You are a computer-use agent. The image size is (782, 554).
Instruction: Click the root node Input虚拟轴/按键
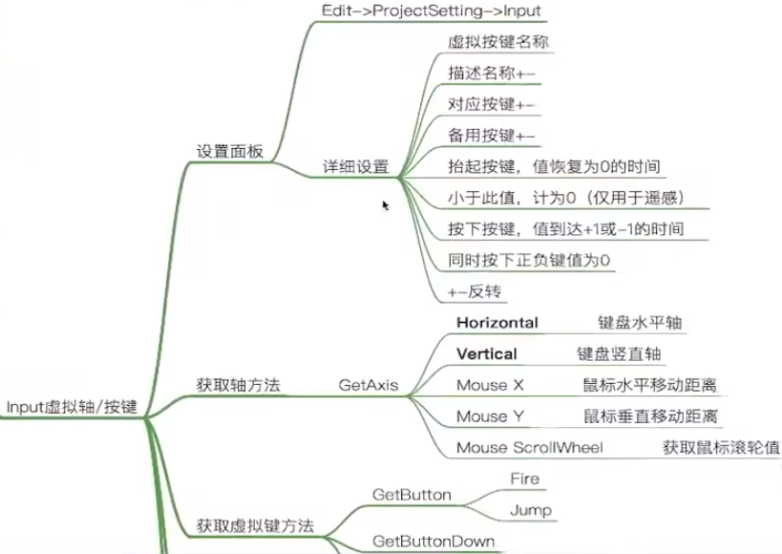pos(73,407)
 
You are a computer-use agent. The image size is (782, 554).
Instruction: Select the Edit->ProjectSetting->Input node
pos(432,11)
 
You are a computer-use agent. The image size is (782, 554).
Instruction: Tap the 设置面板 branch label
pos(230,152)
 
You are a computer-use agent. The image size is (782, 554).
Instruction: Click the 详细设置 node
pos(355,166)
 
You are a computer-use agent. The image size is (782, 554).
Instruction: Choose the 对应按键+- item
pos(492,104)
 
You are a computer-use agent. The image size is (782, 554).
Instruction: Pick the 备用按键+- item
pos(492,135)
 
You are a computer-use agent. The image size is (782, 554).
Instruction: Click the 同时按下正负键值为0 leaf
pos(529,259)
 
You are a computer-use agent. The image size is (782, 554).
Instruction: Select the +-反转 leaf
pos(475,290)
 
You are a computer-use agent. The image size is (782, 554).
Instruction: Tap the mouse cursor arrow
pos(386,205)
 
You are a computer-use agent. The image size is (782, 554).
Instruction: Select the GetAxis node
pos(369,386)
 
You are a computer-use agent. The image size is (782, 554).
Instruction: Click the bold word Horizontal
pos(497,323)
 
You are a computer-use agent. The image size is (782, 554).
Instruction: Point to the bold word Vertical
pos(486,353)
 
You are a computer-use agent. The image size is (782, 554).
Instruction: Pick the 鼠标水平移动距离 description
pos(649,385)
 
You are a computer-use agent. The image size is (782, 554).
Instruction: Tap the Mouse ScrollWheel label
pos(529,447)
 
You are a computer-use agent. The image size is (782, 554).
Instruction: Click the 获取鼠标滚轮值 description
pos(721,447)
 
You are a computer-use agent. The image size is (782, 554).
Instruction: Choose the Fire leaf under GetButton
pos(524,479)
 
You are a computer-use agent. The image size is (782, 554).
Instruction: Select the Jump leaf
pos(530,509)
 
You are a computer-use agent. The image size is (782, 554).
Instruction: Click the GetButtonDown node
pos(433,542)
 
